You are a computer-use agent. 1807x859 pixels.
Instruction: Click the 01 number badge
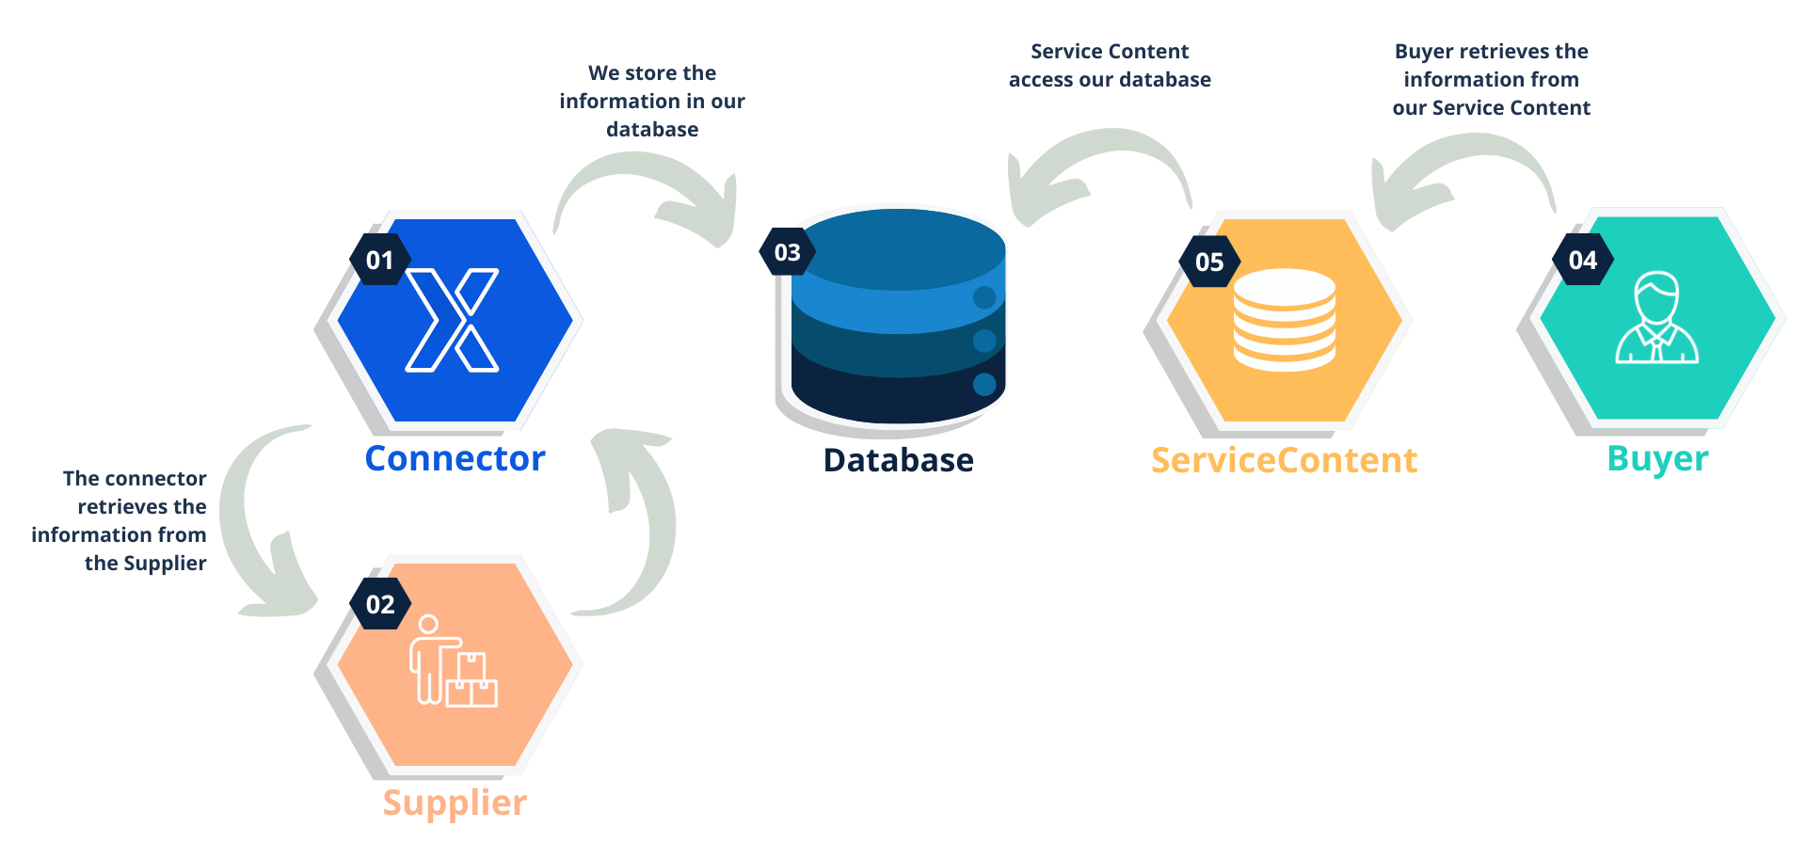(379, 260)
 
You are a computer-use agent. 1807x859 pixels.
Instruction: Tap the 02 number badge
(379, 604)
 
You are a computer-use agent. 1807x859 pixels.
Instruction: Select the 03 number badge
(787, 252)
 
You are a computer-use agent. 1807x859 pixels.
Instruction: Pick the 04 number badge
(1582, 260)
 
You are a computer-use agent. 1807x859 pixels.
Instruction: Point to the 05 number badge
(1208, 262)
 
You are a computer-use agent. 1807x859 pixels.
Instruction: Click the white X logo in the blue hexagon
(453, 320)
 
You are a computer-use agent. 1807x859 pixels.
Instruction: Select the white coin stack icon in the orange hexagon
(1284, 320)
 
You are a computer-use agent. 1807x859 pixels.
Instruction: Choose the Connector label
(455, 458)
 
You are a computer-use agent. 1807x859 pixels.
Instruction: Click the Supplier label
(455, 803)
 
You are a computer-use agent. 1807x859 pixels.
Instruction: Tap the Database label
(898, 460)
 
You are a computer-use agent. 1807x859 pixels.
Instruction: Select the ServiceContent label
(1284, 460)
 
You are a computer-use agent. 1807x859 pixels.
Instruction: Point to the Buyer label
(1657, 458)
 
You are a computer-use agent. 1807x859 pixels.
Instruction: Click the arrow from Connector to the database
(649, 183)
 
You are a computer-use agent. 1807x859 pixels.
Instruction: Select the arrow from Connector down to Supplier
(259, 527)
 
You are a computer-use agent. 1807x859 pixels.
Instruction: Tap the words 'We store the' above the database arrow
(652, 73)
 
